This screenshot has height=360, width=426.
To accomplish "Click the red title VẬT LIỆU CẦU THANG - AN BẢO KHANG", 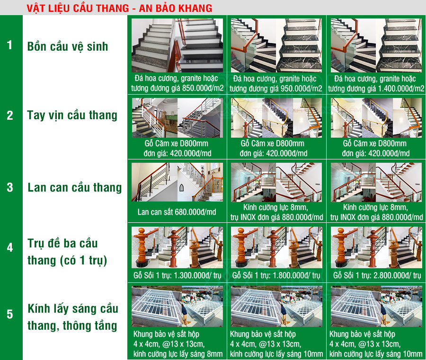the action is pos(119,8).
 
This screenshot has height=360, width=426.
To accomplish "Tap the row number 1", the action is pos(10,45).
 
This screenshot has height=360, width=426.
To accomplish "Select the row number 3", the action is pos(10,187).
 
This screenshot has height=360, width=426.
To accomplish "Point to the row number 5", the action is pos(10,314).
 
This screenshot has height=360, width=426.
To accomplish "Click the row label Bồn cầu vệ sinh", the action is pos(68,46).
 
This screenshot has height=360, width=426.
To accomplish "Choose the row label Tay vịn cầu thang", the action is pos(72,115).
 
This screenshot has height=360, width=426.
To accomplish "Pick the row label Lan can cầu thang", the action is pos(75,188).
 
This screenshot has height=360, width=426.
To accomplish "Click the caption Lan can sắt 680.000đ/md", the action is pos(177,212).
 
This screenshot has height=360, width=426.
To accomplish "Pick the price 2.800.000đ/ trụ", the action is pos(397,276).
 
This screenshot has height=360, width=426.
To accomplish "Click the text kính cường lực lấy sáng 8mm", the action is pos(178,354).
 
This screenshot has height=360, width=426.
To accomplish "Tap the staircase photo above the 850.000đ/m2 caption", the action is pos(177,45).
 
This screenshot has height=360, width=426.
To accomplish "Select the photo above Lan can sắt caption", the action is pos(177,182).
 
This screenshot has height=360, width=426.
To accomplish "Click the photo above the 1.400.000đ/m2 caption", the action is pos(376,45).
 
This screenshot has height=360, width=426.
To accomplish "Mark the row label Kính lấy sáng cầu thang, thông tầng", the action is pos(73,317).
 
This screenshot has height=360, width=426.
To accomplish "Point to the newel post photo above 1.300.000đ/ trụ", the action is pos(177,247).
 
